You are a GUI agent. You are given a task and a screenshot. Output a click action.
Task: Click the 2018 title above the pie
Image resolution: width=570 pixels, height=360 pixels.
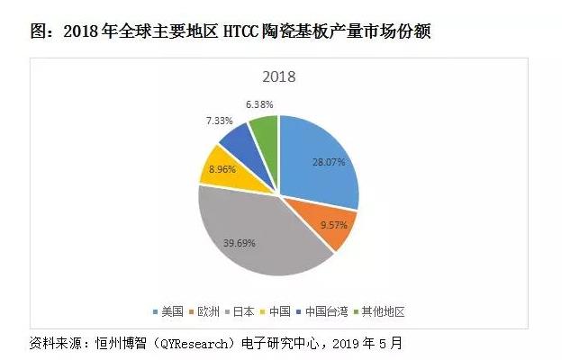pos(279,76)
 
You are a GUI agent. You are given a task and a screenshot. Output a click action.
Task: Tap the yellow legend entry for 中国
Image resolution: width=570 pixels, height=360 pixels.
pos(289,312)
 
